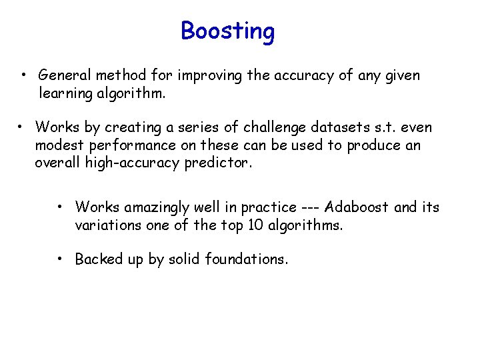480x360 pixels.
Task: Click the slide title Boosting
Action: (227, 31)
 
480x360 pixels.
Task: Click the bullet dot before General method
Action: (23, 75)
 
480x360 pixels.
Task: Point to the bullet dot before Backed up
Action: (60, 259)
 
